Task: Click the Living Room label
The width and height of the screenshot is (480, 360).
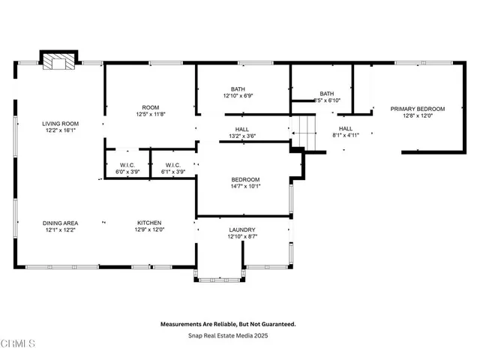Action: (x=60, y=124)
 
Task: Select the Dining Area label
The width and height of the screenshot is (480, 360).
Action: (x=60, y=223)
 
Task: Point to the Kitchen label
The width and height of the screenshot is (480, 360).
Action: (x=149, y=223)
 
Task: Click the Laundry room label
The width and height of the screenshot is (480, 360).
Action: (x=241, y=229)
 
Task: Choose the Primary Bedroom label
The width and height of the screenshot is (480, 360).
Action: (x=418, y=109)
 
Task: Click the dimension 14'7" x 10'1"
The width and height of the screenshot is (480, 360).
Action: (x=245, y=187)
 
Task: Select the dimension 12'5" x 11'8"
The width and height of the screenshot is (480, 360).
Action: (x=151, y=115)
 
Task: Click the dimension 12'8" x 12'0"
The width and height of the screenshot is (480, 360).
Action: (x=418, y=115)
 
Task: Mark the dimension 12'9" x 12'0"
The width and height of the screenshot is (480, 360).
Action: (x=149, y=229)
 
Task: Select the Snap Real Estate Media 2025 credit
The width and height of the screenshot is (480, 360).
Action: (x=229, y=335)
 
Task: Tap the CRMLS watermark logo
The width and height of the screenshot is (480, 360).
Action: (x=18, y=343)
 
